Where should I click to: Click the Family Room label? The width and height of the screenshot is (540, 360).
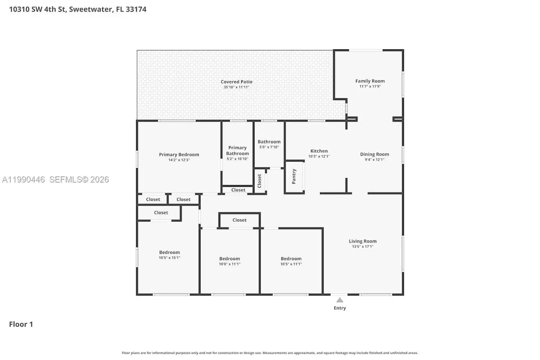(370, 81)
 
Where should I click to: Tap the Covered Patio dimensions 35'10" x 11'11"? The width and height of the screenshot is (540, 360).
(236, 87)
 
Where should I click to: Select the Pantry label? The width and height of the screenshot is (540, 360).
(294, 176)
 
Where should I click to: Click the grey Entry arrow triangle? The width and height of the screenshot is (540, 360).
(340, 300)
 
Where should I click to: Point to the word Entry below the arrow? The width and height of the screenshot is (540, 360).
(340, 308)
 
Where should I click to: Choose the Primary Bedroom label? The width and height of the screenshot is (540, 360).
(179, 154)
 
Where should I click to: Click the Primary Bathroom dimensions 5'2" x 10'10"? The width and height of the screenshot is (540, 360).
(237, 159)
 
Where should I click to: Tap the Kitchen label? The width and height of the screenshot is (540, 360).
(319, 151)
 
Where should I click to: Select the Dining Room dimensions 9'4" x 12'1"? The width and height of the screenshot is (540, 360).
(374, 159)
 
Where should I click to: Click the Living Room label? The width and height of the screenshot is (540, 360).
(363, 241)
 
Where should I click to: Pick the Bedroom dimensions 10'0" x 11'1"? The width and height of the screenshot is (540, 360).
(230, 264)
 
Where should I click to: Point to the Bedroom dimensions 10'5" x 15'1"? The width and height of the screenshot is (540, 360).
(169, 258)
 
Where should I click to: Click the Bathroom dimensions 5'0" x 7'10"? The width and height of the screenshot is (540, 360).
(269, 147)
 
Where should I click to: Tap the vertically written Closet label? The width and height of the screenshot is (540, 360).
(260, 181)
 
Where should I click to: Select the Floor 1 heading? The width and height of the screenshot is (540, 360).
(21, 324)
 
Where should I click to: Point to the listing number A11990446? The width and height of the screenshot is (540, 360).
(23, 180)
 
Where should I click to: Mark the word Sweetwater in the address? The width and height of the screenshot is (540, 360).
(91, 9)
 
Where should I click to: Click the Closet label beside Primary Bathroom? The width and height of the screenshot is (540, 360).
(238, 190)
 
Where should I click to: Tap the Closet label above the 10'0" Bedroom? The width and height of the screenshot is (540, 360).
(239, 220)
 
